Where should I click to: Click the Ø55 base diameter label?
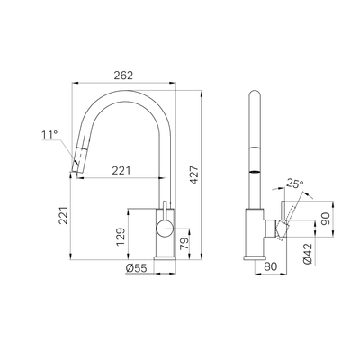(x=137, y=267)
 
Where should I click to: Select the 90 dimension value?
(x=325, y=219)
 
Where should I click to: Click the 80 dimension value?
(x=271, y=267)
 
